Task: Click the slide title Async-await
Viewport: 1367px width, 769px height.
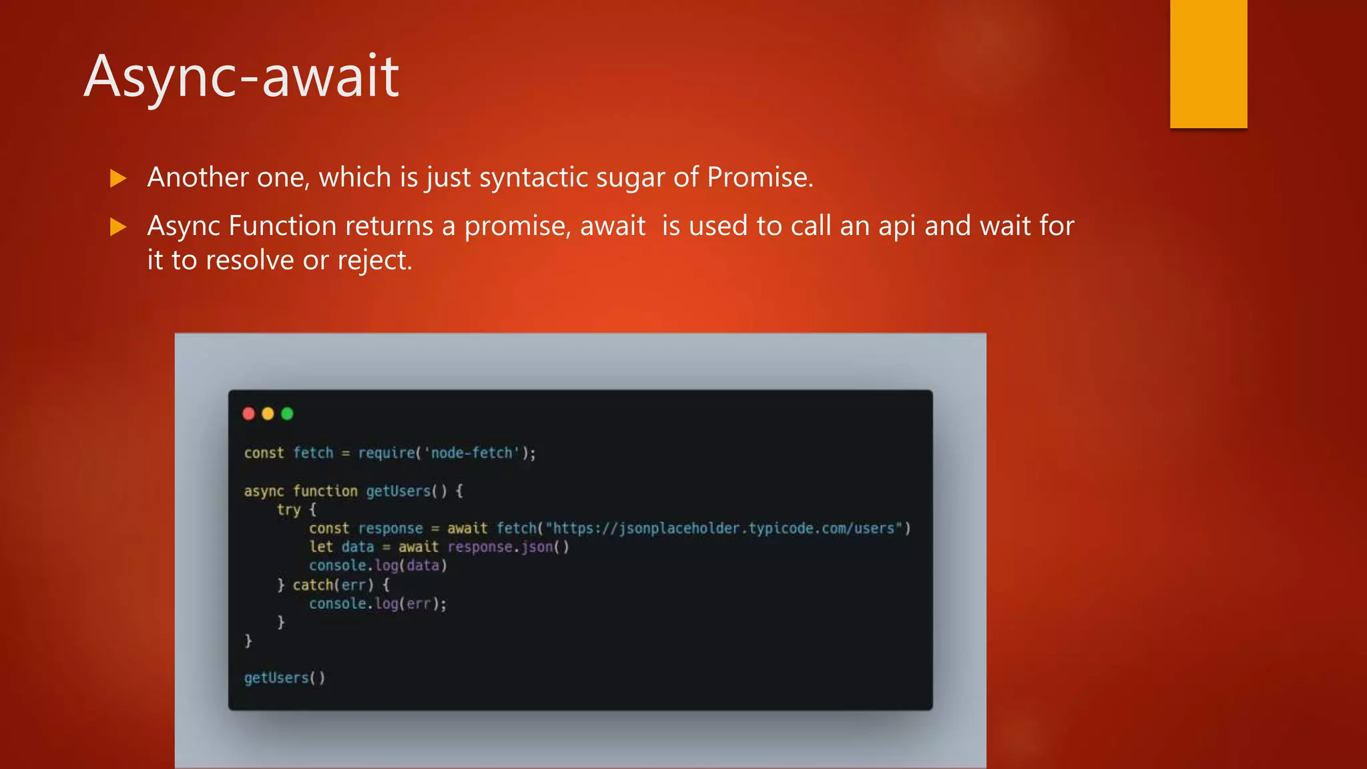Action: click(x=242, y=77)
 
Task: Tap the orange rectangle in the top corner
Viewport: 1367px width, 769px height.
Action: click(x=1208, y=63)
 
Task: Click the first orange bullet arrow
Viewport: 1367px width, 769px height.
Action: click(x=118, y=178)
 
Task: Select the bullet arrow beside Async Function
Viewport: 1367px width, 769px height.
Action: click(x=118, y=227)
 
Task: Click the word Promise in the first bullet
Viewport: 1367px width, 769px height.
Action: click(x=759, y=178)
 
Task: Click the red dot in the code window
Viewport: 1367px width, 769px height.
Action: click(x=249, y=414)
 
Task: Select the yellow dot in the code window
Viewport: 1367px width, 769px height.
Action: click(x=268, y=414)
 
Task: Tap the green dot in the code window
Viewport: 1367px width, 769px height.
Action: click(x=288, y=414)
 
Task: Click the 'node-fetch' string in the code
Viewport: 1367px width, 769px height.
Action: click(x=472, y=453)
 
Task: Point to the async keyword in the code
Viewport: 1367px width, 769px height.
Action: click(x=264, y=491)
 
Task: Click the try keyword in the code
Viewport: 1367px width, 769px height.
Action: click(x=288, y=510)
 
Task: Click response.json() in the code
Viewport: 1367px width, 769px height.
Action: click(x=508, y=547)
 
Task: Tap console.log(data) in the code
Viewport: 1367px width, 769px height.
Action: click(x=378, y=566)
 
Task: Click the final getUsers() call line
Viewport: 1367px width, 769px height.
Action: click(x=284, y=678)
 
